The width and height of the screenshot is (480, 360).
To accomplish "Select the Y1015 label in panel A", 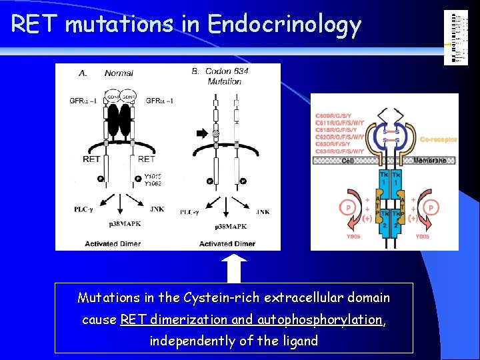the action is click(153, 176).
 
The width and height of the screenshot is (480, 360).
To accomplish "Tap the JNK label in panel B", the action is click(262, 212).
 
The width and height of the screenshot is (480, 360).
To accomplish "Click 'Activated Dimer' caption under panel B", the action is click(227, 244).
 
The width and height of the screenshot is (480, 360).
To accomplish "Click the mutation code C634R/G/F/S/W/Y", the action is click(340, 151).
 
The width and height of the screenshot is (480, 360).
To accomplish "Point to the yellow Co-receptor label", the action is click(439, 139).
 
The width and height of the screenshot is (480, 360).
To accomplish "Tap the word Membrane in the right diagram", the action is click(434, 161).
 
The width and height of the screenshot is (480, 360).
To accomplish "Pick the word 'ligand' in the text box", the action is click(297, 341).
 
